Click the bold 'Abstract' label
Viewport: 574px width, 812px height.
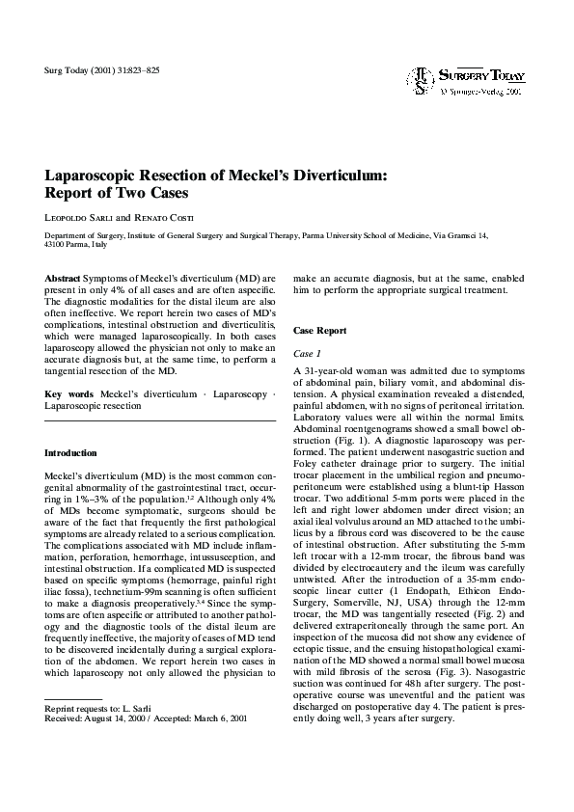(63, 278)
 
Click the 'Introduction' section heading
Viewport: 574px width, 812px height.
(71, 452)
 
